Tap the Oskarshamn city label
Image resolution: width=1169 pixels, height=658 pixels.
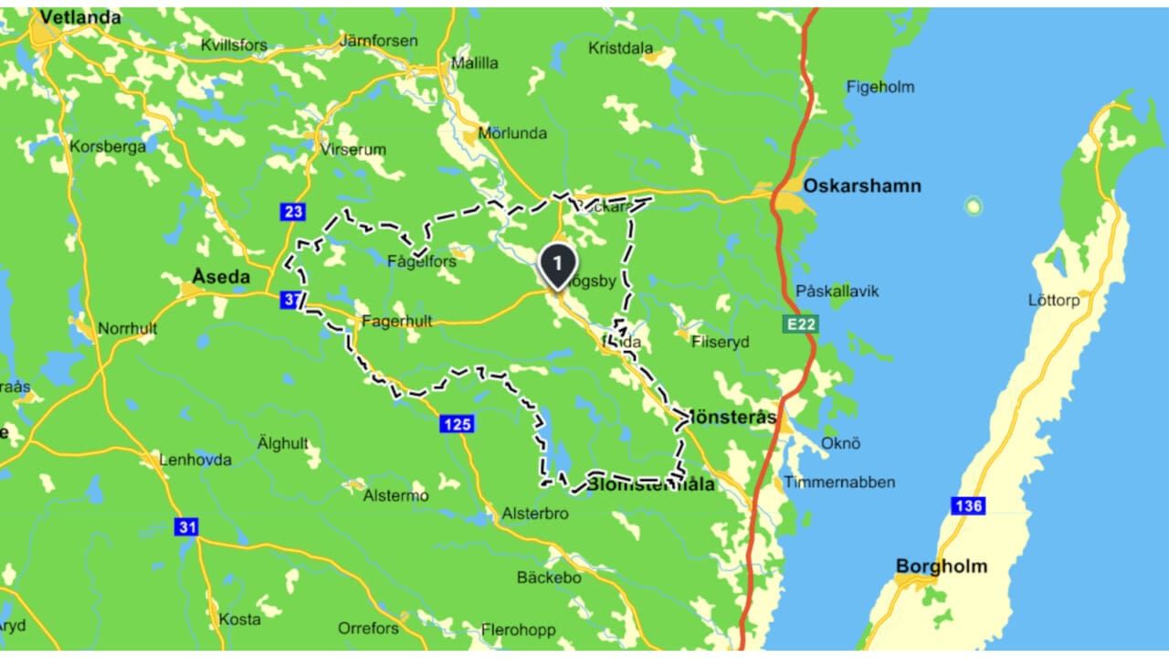(x=861, y=186)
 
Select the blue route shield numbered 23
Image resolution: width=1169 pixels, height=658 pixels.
(x=292, y=212)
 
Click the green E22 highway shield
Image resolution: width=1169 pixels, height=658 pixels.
(x=800, y=324)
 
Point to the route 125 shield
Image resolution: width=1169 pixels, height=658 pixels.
(x=457, y=423)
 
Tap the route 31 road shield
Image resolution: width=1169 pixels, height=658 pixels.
(x=186, y=527)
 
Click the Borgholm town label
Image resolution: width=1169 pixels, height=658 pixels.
(x=941, y=566)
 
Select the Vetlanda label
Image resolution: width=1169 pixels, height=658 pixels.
(x=80, y=17)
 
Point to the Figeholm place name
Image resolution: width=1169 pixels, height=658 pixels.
(x=879, y=87)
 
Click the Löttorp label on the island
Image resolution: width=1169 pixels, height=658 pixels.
(x=1053, y=300)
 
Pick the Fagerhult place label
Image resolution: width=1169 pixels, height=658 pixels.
(x=396, y=322)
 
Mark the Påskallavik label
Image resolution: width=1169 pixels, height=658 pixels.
(x=837, y=291)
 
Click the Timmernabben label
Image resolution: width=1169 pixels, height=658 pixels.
(x=839, y=482)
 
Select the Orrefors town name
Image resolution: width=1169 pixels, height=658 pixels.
(x=368, y=628)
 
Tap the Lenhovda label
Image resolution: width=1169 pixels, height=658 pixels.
(x=195, y=460)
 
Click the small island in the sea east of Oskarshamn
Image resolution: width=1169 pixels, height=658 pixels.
(x=974, y=206)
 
